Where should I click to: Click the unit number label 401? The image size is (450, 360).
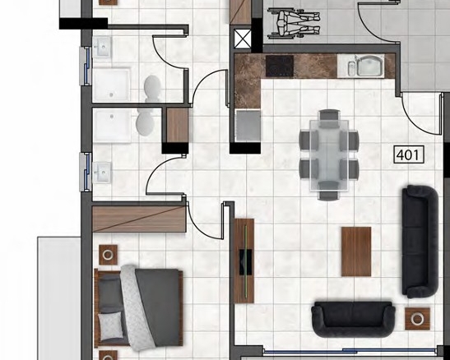click(x=409, y=155)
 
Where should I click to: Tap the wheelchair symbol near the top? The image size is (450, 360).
click(x=294, y=24)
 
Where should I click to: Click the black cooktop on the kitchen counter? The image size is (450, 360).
click(x=280, y=67)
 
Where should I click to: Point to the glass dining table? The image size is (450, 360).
click(x=329, y=155)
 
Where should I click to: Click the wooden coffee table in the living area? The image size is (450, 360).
click(x=356, y=252)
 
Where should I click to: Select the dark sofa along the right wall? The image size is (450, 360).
click(x=420, y=242)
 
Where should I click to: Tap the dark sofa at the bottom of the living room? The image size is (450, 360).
click(x=353, y=319)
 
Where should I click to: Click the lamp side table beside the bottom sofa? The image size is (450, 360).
click(x=417, y=319)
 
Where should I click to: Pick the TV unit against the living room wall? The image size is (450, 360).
click(x=244, y=261)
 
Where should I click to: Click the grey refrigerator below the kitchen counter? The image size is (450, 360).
click(x=248, y=125)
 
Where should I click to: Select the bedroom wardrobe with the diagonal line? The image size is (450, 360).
click(x=139, y=219)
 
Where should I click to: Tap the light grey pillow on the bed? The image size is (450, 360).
click(x=110, y=326)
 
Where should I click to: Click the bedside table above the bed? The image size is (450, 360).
click(x=109, y=255)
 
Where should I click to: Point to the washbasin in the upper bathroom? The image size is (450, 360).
click(x=101, y=47)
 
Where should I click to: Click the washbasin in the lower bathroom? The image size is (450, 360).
click(x=101, y=173)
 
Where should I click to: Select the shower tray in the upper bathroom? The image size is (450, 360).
click(x=111, y=85)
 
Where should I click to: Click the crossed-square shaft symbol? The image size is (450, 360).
click(x=243, y=39)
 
